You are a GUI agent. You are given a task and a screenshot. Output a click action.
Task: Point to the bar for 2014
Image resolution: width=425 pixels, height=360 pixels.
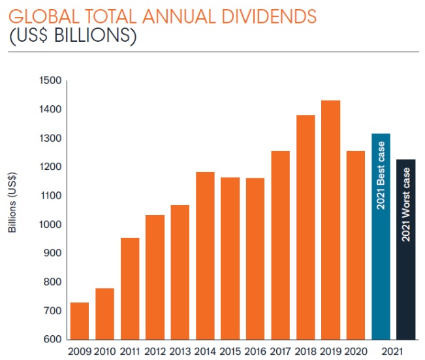point(205,255)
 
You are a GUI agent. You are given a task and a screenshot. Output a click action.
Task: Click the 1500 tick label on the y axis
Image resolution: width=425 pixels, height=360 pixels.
point(50,81)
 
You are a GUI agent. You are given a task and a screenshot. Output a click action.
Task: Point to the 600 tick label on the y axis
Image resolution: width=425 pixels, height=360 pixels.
point(52,340)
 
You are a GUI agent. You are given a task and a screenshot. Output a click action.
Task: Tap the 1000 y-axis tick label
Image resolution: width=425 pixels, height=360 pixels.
point(50,225)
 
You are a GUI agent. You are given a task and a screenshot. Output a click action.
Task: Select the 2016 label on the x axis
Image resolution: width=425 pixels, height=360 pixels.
point(255,352)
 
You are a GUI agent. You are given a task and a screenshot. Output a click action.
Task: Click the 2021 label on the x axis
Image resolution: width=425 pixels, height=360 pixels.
point(394,352)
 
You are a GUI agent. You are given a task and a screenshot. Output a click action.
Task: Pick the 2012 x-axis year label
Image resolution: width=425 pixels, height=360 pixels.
point(155,352)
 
